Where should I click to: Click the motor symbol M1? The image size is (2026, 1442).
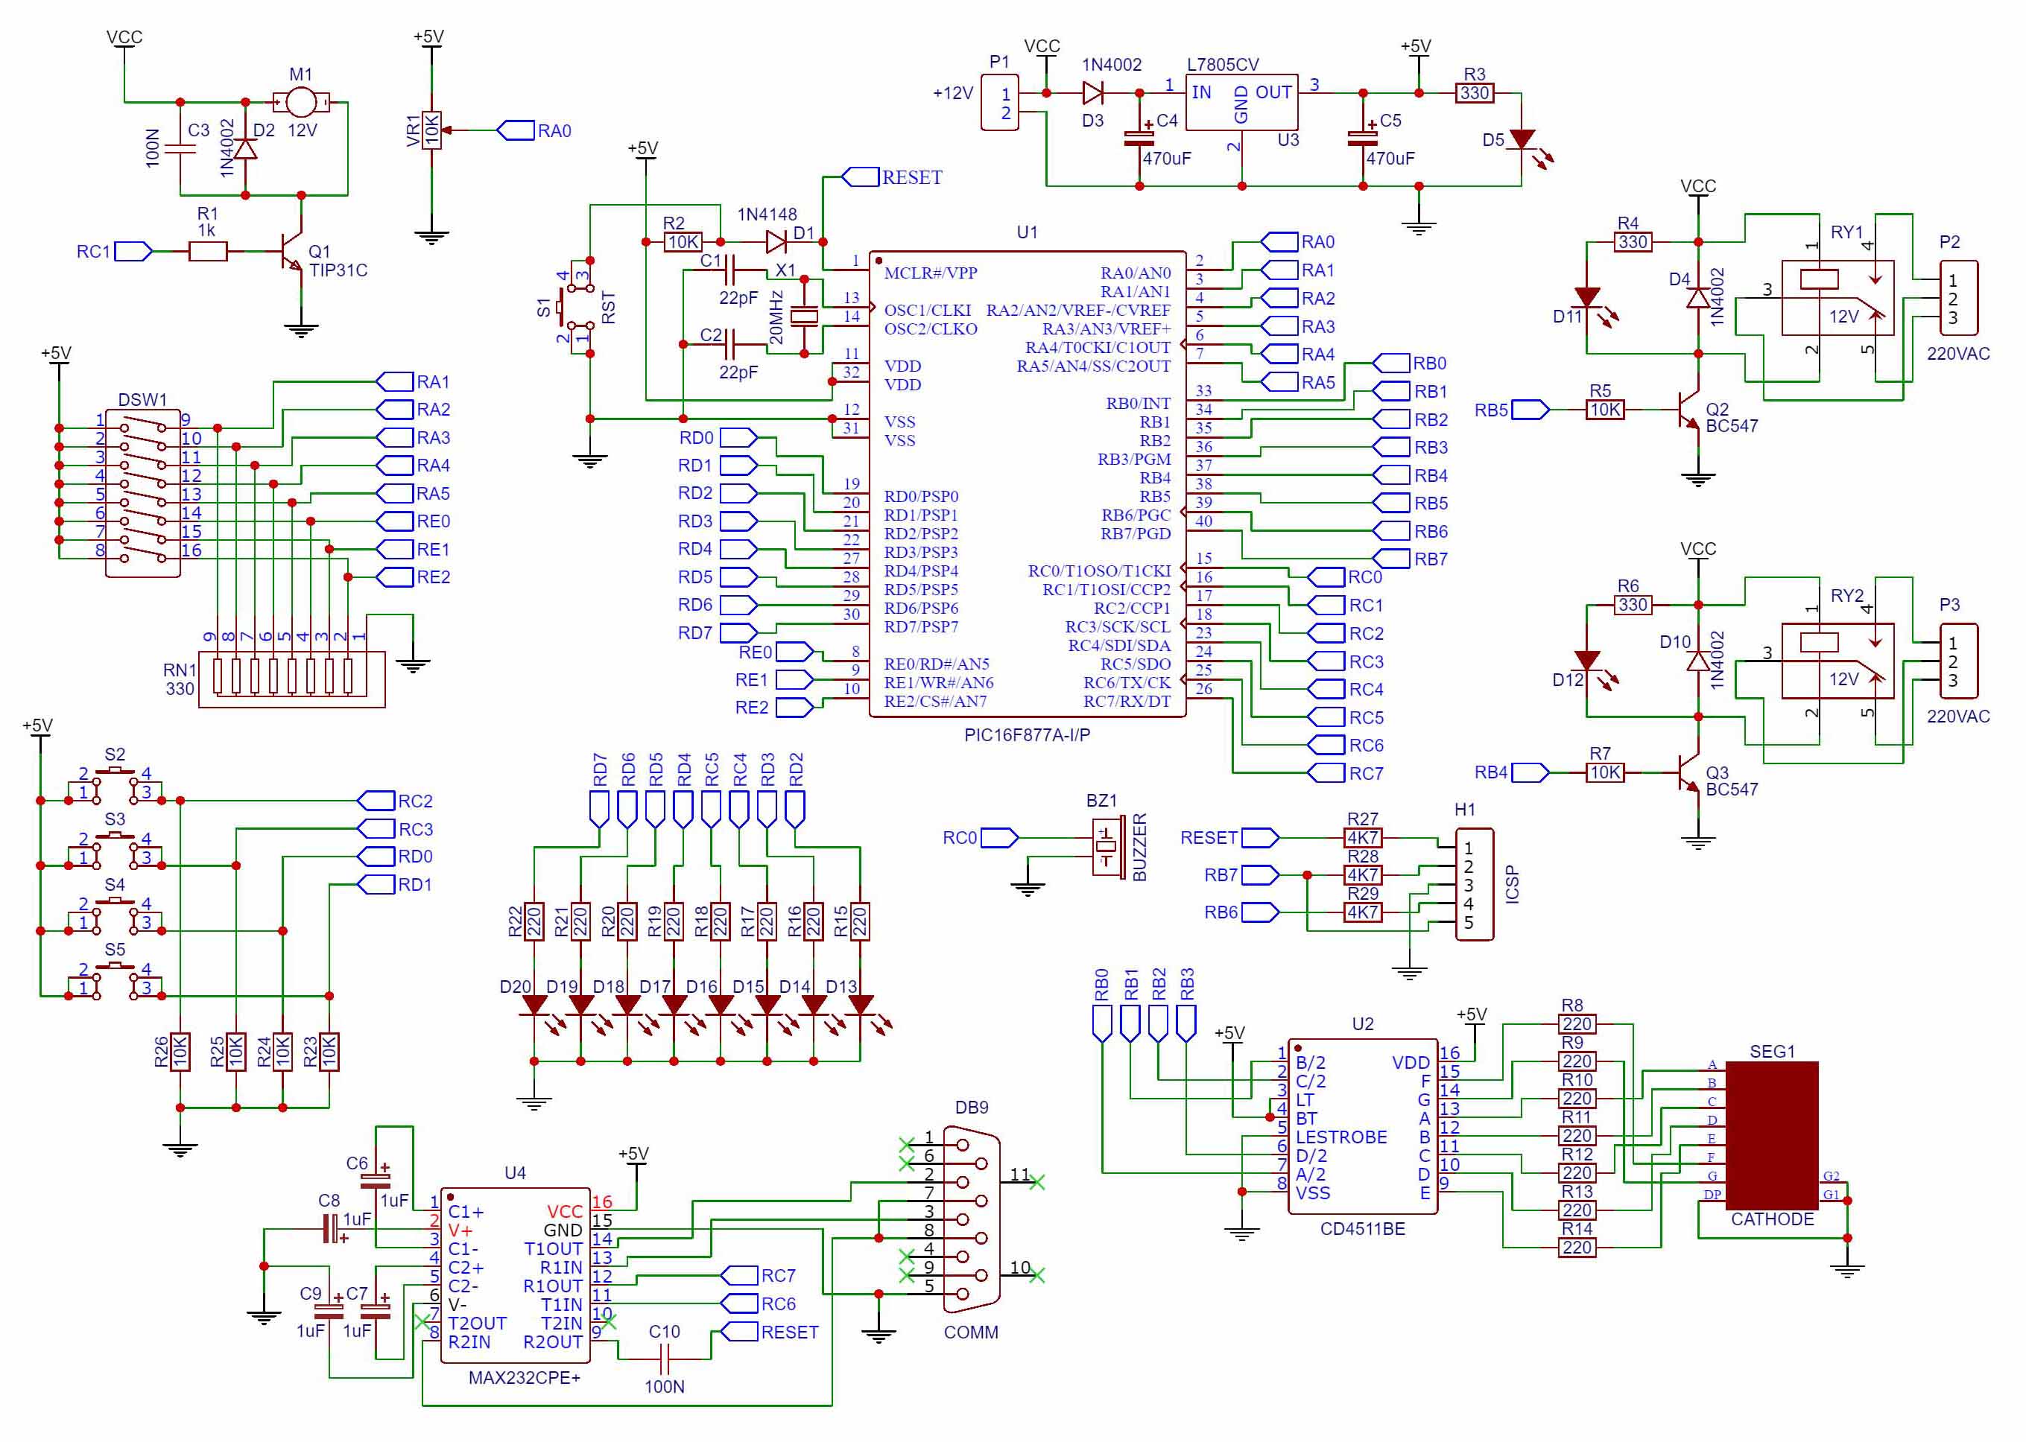[x=300, y=103]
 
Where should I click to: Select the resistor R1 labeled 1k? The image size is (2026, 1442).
[x=208, y=252]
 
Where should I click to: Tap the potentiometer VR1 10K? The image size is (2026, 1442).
[x=431, y=130]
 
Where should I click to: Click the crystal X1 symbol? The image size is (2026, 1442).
[x=804, y=315]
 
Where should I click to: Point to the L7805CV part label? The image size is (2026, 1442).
[x=1222, y=65]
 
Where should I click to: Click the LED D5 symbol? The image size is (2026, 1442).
[x=1522, y=140]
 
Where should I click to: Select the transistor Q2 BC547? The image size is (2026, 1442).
[x=1688, y=410]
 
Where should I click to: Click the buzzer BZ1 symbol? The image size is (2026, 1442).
[x=1107, y=847]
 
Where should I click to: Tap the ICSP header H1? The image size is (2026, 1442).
[x=1474, y=884]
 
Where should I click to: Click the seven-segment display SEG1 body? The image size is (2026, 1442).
[x=1771, y=1135]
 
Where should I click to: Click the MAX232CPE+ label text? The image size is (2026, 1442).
[x=524, y=1377]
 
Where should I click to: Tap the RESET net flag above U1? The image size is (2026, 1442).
[x=860, y=177]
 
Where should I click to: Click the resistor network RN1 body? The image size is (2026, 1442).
[x=291, y=679]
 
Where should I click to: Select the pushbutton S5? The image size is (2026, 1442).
[x=115, y=976]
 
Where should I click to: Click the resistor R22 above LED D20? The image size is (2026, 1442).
[x=534, y=921]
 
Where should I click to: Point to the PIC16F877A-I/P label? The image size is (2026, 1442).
[x=1027, y=734]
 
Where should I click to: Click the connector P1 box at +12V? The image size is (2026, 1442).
[x=999, y=104]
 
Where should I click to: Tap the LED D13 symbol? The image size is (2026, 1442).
[x=860, y=1005]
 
